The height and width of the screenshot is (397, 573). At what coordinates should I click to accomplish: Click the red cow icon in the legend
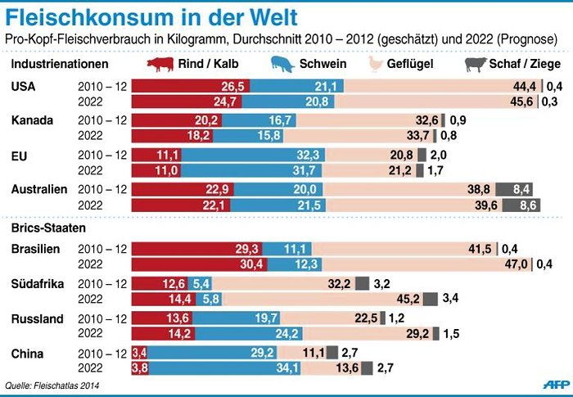click(x=160, y=64)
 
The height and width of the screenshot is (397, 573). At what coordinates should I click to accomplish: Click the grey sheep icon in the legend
click(x=475, y=64)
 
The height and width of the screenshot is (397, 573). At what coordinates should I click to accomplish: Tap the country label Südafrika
click(x=38, y=283)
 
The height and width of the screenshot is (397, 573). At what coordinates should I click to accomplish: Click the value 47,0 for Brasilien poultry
click(x=515, y=264)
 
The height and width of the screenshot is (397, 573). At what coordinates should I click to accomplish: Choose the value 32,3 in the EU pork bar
click(x=306, y=155)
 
